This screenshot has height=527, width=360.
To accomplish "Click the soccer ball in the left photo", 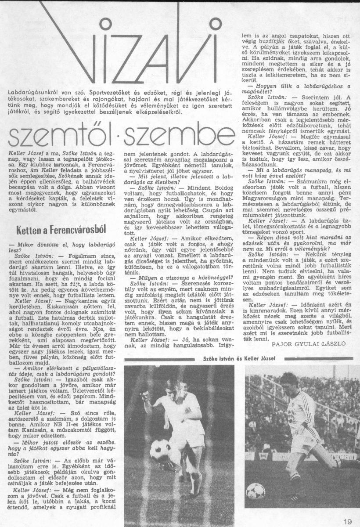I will [160, 449].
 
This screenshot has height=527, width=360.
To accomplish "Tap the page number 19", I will [347, 521].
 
